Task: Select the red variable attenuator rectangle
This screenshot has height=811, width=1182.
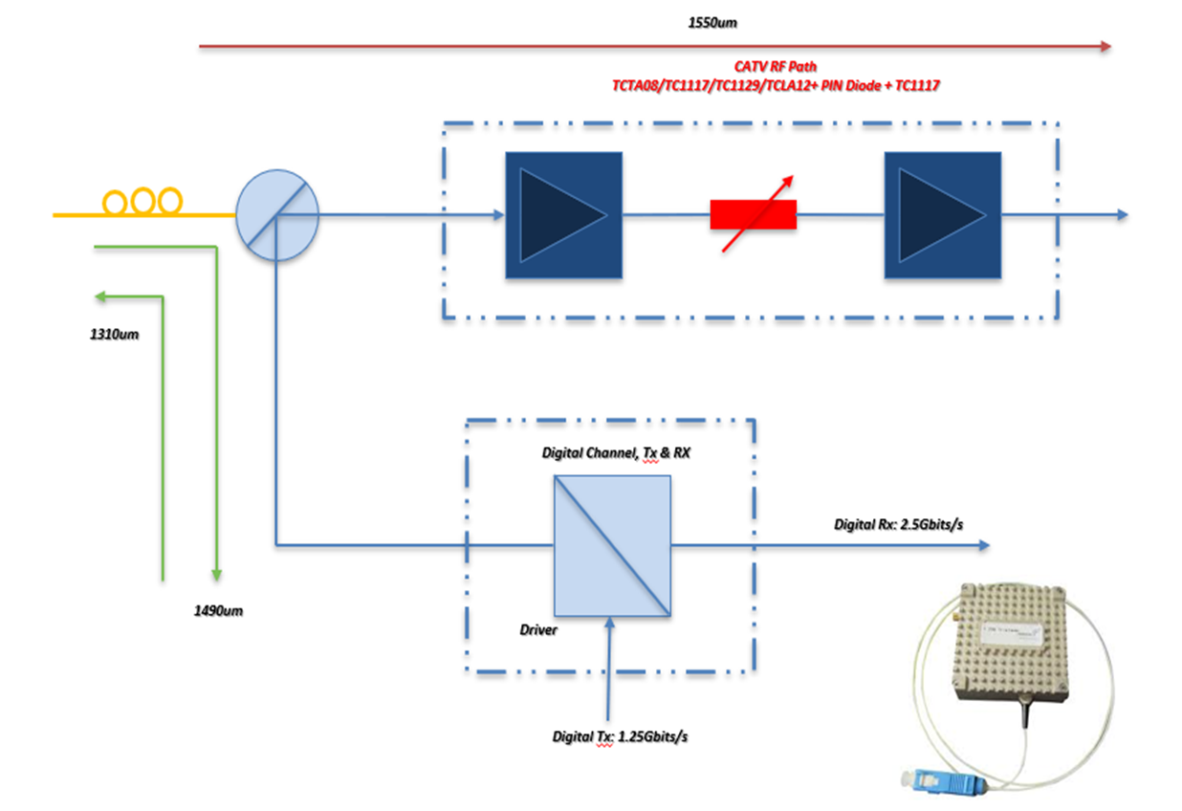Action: tap(753, 215)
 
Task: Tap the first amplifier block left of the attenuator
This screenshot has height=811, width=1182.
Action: tap(563, 215)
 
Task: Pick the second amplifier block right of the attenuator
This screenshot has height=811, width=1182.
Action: tap(942, 215)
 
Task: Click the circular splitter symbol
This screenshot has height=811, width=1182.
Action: tap(277, 216)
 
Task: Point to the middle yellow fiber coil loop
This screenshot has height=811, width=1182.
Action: tap(143, 202)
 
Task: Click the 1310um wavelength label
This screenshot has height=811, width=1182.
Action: tap(109, 335)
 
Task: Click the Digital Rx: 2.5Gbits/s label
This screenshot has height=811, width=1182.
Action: tap(898, 524)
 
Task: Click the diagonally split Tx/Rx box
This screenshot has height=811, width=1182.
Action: tap(612, 546)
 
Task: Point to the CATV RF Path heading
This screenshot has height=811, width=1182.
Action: tap(776, 68)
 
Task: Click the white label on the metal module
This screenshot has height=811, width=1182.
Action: tap(1014, 633)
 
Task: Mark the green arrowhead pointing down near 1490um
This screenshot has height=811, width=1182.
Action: tap(217, 574)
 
